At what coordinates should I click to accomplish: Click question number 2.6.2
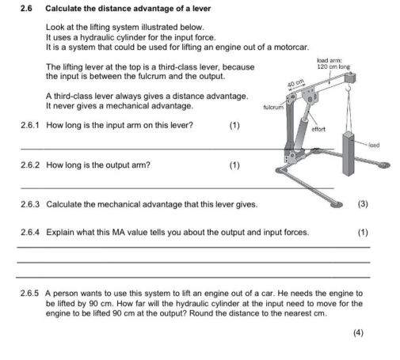coord(30,166)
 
